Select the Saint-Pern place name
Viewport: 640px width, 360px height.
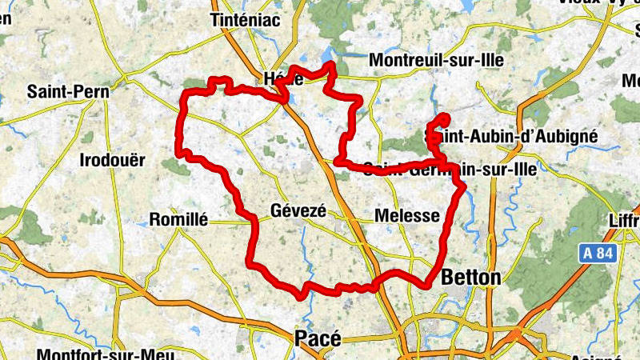pos(67,91)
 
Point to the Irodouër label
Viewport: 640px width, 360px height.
pos(113,160)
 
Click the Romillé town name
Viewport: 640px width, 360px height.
pos(179,219)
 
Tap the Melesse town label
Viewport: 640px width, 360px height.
pos(407,216)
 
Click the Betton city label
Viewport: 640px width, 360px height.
pos(471,278)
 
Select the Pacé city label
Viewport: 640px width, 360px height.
pos(318,338)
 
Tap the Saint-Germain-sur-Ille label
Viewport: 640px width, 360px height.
pos(450,169)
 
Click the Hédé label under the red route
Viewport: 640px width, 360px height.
pos(283,79)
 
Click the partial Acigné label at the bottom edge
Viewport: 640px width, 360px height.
pos(596,356)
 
